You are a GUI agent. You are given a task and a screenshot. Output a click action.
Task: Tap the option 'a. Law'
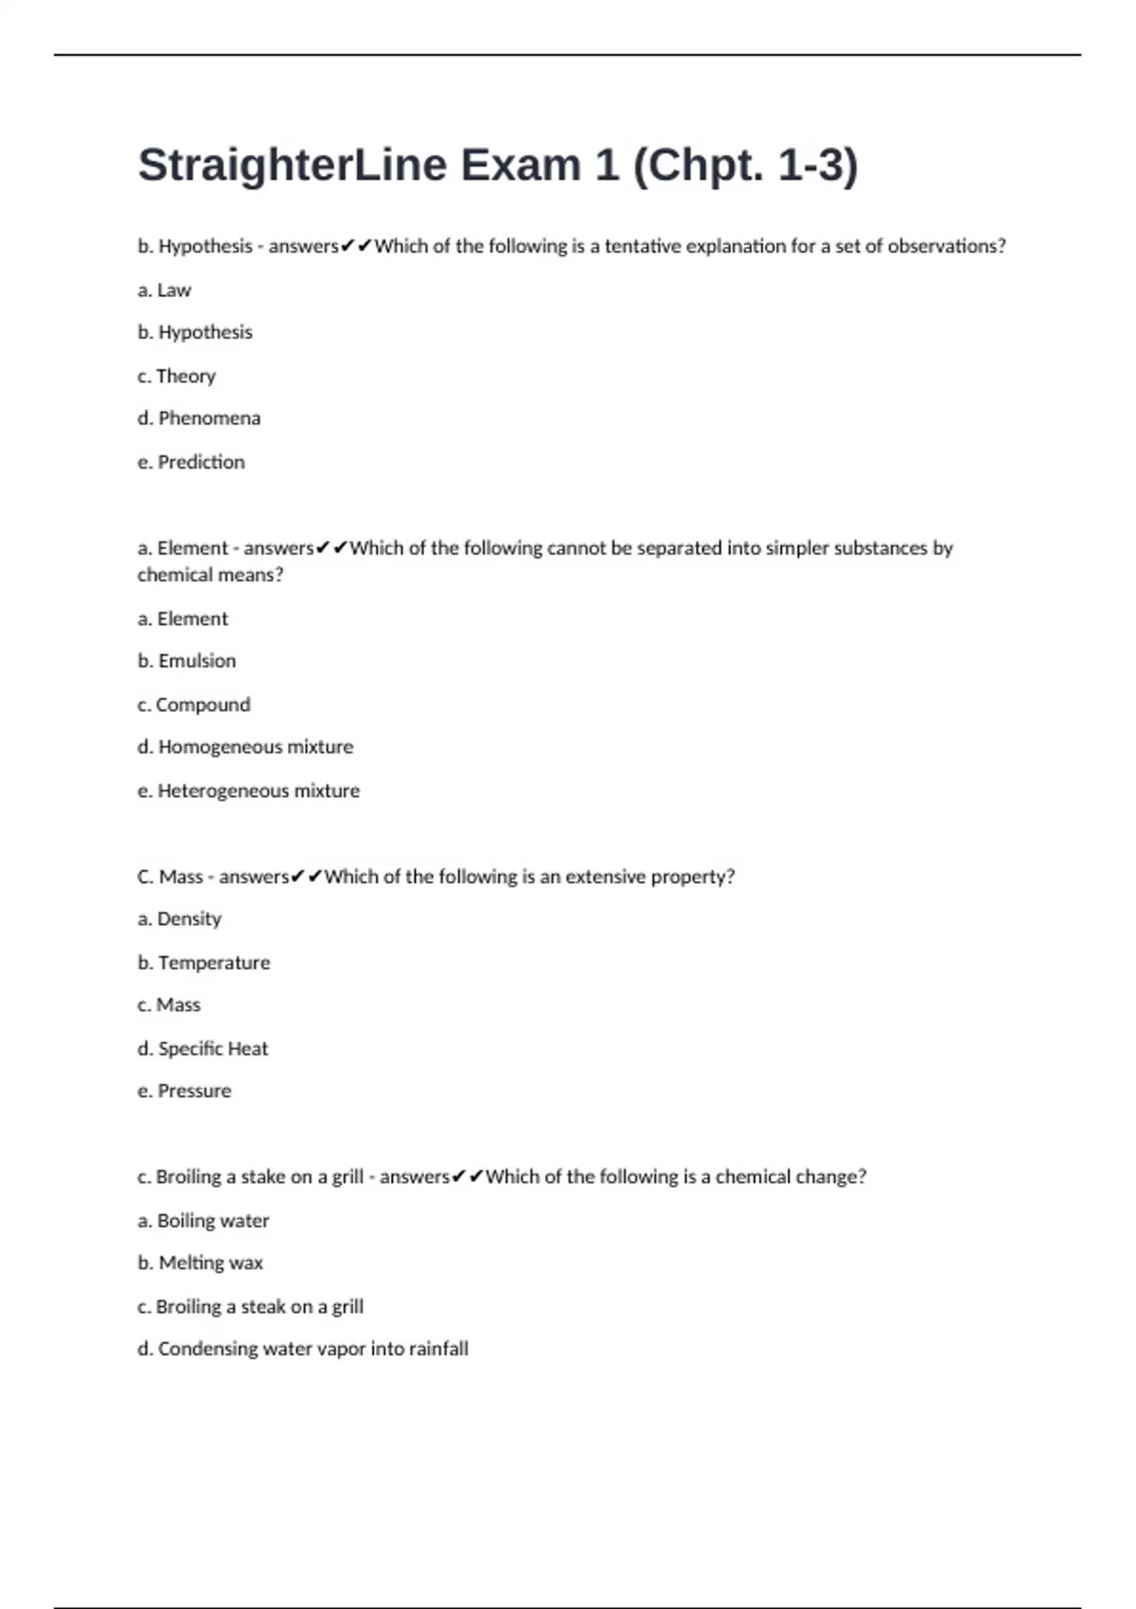[165, 291]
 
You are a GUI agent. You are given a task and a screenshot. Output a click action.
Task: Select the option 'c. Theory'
[177, 377]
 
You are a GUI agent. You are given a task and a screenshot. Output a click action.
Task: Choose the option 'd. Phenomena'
[199, 418]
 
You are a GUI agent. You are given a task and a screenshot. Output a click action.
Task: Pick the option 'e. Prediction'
[191, 463]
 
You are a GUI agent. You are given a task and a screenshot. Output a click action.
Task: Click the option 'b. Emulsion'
[186, 662]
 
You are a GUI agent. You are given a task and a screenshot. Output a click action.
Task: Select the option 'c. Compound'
[194, 705]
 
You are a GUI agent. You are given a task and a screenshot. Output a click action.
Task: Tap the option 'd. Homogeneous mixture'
[245, 748]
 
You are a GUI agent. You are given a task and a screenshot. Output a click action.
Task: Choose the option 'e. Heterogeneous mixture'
[249, 791]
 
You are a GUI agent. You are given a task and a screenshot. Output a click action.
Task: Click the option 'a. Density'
[180, 919]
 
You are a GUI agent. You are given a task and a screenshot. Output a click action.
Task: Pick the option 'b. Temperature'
[204, 964]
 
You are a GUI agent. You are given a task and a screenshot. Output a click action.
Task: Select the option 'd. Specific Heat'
[203, 1049]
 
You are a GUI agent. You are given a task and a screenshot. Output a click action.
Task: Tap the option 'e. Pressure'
[185, 1091]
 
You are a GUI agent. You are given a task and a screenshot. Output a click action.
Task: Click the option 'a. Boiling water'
[204, 1221]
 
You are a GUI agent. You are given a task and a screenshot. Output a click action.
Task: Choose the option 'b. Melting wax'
[201, 1264]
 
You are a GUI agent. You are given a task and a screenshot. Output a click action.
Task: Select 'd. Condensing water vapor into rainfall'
[303, 1349]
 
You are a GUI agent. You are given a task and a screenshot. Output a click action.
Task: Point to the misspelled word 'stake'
[263, 1177]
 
